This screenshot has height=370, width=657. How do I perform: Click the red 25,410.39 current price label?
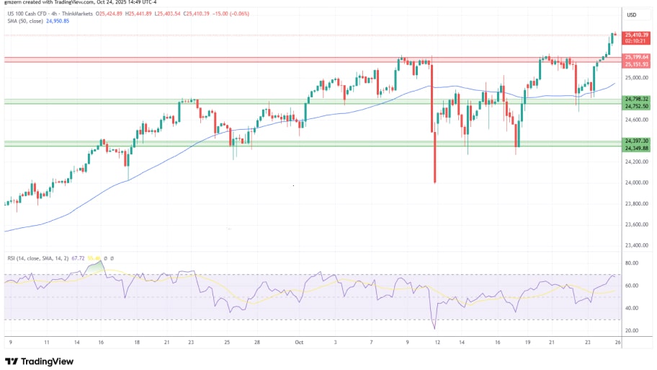tap(636, 35)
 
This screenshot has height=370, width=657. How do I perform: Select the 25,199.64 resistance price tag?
tap(636, 57)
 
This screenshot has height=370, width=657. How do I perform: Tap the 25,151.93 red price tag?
tap(636, 64)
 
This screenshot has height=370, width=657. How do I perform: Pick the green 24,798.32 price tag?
tap(636, 99)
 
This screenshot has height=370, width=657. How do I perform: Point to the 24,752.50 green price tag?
tap(636, 106)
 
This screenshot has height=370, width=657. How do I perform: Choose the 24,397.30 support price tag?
tap(636, 141)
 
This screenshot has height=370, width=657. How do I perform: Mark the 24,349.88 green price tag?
tap(636, 148)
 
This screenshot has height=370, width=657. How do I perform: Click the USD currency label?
tap(632, 14)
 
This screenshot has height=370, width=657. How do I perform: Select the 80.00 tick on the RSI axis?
tap(632, 264)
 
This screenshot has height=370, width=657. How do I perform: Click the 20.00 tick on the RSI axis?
tap(632, 331)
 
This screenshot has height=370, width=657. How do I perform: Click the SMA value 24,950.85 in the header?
tap(57, 20)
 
